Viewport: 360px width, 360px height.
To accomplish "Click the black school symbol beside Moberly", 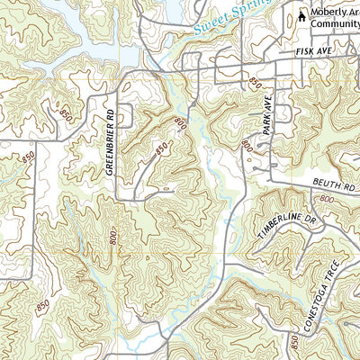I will click(302, 13).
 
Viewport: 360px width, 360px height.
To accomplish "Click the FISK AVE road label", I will click(313, 55).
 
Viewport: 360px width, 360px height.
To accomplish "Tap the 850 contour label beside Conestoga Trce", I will click(294, 342).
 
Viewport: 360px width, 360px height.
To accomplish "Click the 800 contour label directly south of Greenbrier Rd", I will click(112, 236).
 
